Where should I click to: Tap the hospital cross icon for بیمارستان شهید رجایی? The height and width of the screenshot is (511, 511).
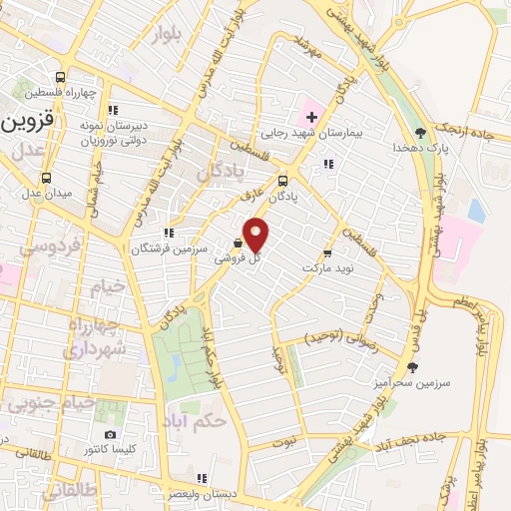coord(310,118)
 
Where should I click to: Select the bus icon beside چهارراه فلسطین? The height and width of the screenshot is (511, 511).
coord(62,78)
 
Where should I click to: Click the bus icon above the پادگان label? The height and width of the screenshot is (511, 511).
coord(283,182)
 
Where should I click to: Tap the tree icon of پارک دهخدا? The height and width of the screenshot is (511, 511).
coord(420,131)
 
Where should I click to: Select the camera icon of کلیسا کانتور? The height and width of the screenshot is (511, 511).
coord(110,434)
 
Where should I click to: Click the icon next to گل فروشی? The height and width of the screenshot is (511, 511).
coord(238,244)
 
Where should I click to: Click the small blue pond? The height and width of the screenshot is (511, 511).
coord(476,211)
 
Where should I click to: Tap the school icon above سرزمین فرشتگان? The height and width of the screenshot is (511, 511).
coord(169,233)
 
